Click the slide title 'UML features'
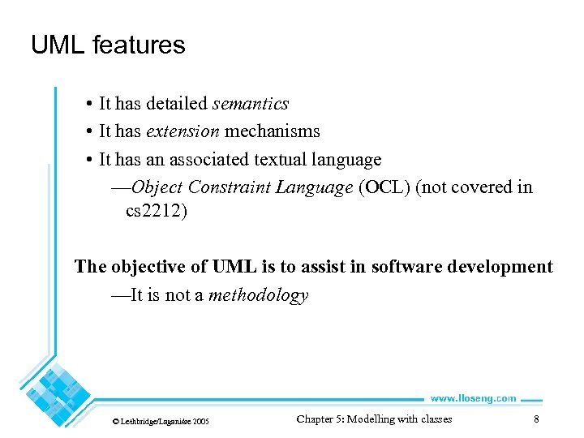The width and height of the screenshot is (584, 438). tap(108, 45)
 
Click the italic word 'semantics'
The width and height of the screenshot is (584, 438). tap(250, 104)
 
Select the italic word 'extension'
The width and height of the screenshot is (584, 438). tap(182, 131)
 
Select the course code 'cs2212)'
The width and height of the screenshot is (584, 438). tap(156, 213)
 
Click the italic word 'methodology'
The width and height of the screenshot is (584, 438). tap(258, 295)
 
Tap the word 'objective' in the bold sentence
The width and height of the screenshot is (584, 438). tap(149, 267)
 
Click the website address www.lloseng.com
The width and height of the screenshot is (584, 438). tap(472, 398)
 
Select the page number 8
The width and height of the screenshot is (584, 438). tap(536, 419)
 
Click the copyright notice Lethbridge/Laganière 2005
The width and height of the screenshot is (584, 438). tap(160, 422)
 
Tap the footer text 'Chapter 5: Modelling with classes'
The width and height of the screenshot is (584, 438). tap(374, 419)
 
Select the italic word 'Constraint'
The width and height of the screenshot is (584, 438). tap(230, 187)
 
